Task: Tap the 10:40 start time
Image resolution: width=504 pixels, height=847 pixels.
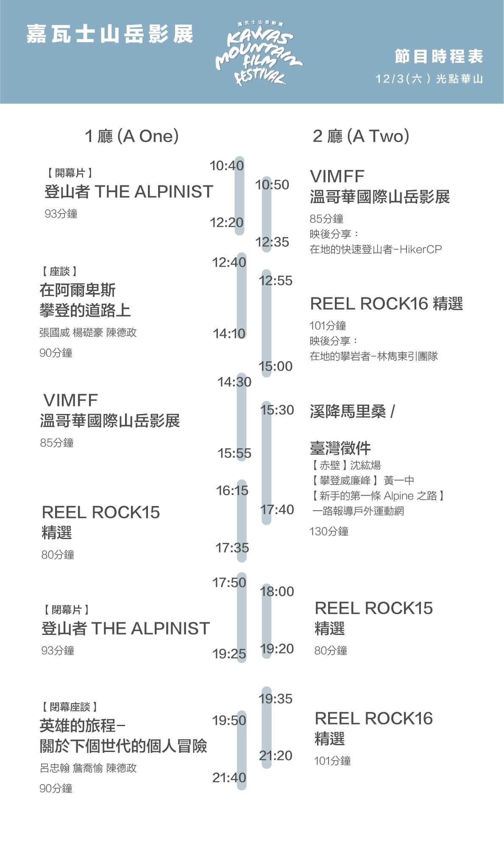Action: coord(227,165)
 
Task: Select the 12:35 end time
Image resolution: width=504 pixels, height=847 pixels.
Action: coord(272,242)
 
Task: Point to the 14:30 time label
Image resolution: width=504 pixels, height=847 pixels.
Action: coord(234,382)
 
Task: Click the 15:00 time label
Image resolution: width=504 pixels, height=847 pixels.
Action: coord(276,366)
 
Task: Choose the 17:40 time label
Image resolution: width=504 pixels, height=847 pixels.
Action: coord(277,509)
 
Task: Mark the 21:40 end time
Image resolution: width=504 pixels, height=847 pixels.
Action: coord(229,777)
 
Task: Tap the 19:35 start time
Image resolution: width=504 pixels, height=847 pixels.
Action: coord(276,699)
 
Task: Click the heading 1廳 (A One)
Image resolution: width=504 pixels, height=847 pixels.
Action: coord(131,136)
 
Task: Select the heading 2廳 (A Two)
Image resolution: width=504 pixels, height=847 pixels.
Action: coord(361,136)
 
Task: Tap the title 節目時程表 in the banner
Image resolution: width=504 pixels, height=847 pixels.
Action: coord(439,56)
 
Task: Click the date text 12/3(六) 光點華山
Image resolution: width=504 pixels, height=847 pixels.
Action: coord(429,79)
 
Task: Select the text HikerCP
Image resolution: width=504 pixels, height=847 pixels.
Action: coord(420,249)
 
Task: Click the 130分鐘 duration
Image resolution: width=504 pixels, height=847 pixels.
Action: coord(329,531)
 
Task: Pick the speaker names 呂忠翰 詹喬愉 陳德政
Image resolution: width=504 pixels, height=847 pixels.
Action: coord(88,768)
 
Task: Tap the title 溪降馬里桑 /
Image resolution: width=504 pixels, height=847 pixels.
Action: coord(352,411)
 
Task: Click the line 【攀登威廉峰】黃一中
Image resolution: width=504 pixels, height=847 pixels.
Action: coord(363,481)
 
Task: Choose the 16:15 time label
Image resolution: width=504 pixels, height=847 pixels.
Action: coord(232,490)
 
